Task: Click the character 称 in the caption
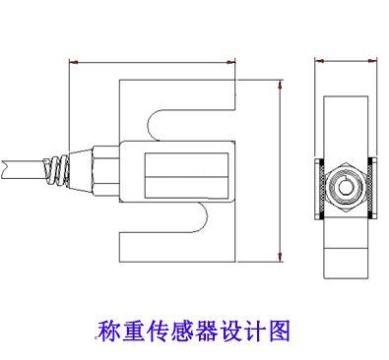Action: point(109,330)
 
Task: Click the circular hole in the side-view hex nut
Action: point(345,184)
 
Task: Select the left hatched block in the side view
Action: point(320,187)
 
